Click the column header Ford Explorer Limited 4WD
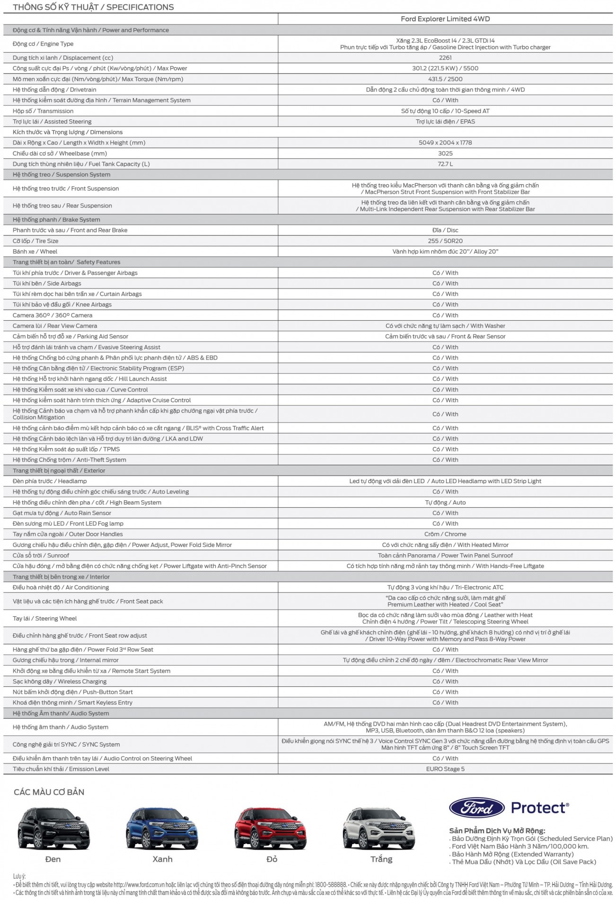coord(445,19)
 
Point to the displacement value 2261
coord(445,58)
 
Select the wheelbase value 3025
coord(445,153)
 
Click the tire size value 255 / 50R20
coord(445,241)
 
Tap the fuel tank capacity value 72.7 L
coord(445,164)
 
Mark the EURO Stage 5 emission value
coord(445,769)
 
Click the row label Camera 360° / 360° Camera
coord(53,315)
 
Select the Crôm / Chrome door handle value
coord(445,534)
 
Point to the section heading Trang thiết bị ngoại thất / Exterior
coord(59,471)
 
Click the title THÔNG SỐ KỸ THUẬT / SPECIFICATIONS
coord(93,7)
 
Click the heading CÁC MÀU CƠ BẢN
coord(49,792)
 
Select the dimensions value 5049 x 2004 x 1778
coord(445,143)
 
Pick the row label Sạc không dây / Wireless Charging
coord(60,682)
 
